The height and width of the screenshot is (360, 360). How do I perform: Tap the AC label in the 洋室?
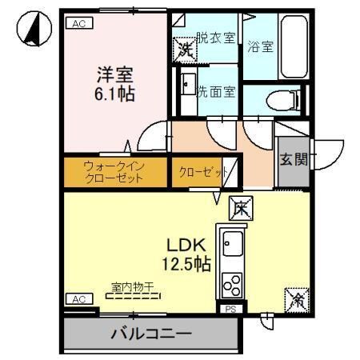(x=78, y=23)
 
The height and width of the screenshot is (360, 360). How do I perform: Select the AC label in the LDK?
(x=78, y=298)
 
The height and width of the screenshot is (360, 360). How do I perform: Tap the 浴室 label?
(x=260, y=46)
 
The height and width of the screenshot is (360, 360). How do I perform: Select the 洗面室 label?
(x=217, y=92)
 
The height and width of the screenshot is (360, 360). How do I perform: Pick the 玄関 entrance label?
(x=293, y=158)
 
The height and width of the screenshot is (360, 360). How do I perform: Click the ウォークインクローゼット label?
(x=114, y=172)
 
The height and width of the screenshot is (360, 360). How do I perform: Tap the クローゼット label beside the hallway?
(x=199, y=172)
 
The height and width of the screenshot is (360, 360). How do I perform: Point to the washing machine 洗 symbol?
(x=185, y=50)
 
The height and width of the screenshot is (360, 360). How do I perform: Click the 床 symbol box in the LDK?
(x=241, y=208)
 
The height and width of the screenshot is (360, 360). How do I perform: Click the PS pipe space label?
(x=230, y=308)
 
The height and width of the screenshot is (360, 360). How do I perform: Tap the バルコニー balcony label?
(x=150, y=334)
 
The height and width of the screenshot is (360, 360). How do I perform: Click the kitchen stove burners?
(x=234, y=283)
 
